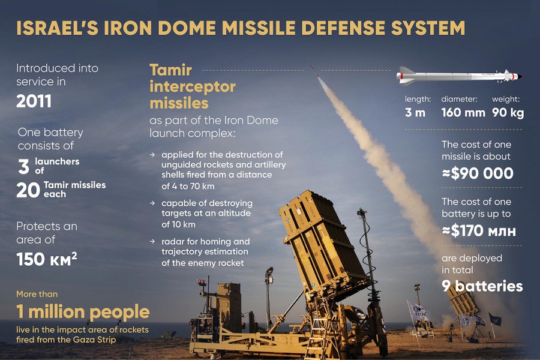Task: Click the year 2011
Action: pyautogui.click(x=34, y=101)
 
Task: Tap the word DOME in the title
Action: pyautogui.click(x=188, y=28)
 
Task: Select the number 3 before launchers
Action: pyautogui.click(x=23, y=166)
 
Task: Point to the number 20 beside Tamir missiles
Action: pyautogui.click(x=28, y=190)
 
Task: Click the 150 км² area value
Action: pyautogui.click(x=46, y=259)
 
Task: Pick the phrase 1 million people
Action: pyautogui.click(x=83, y=311)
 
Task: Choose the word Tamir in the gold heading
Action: pyautogui.click(x=170, y=70)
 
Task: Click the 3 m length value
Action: pyautogui.click(x=415, y=112)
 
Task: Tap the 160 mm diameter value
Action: pyautogui.click(x=463, y=112)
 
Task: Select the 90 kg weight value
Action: pyautogui.click(x=508, y=113)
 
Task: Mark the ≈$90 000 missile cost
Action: pyautogui.click(x=478, y=173)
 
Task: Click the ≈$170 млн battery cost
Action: pyautogui.click(x=479, y=231)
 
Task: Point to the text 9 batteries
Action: pyautogui.click(x=482, y=286)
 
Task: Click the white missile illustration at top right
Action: pyautogui.click(x=459, y=76)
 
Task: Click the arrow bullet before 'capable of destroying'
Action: pyautogui.click(x=152, y=203)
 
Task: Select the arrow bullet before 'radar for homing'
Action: pyautogui.click(x=152, y=241)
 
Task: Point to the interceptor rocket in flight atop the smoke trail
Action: pyautogui.click(x=314, y=71)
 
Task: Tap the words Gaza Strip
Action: pyautogui.click(x=95, y=340)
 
